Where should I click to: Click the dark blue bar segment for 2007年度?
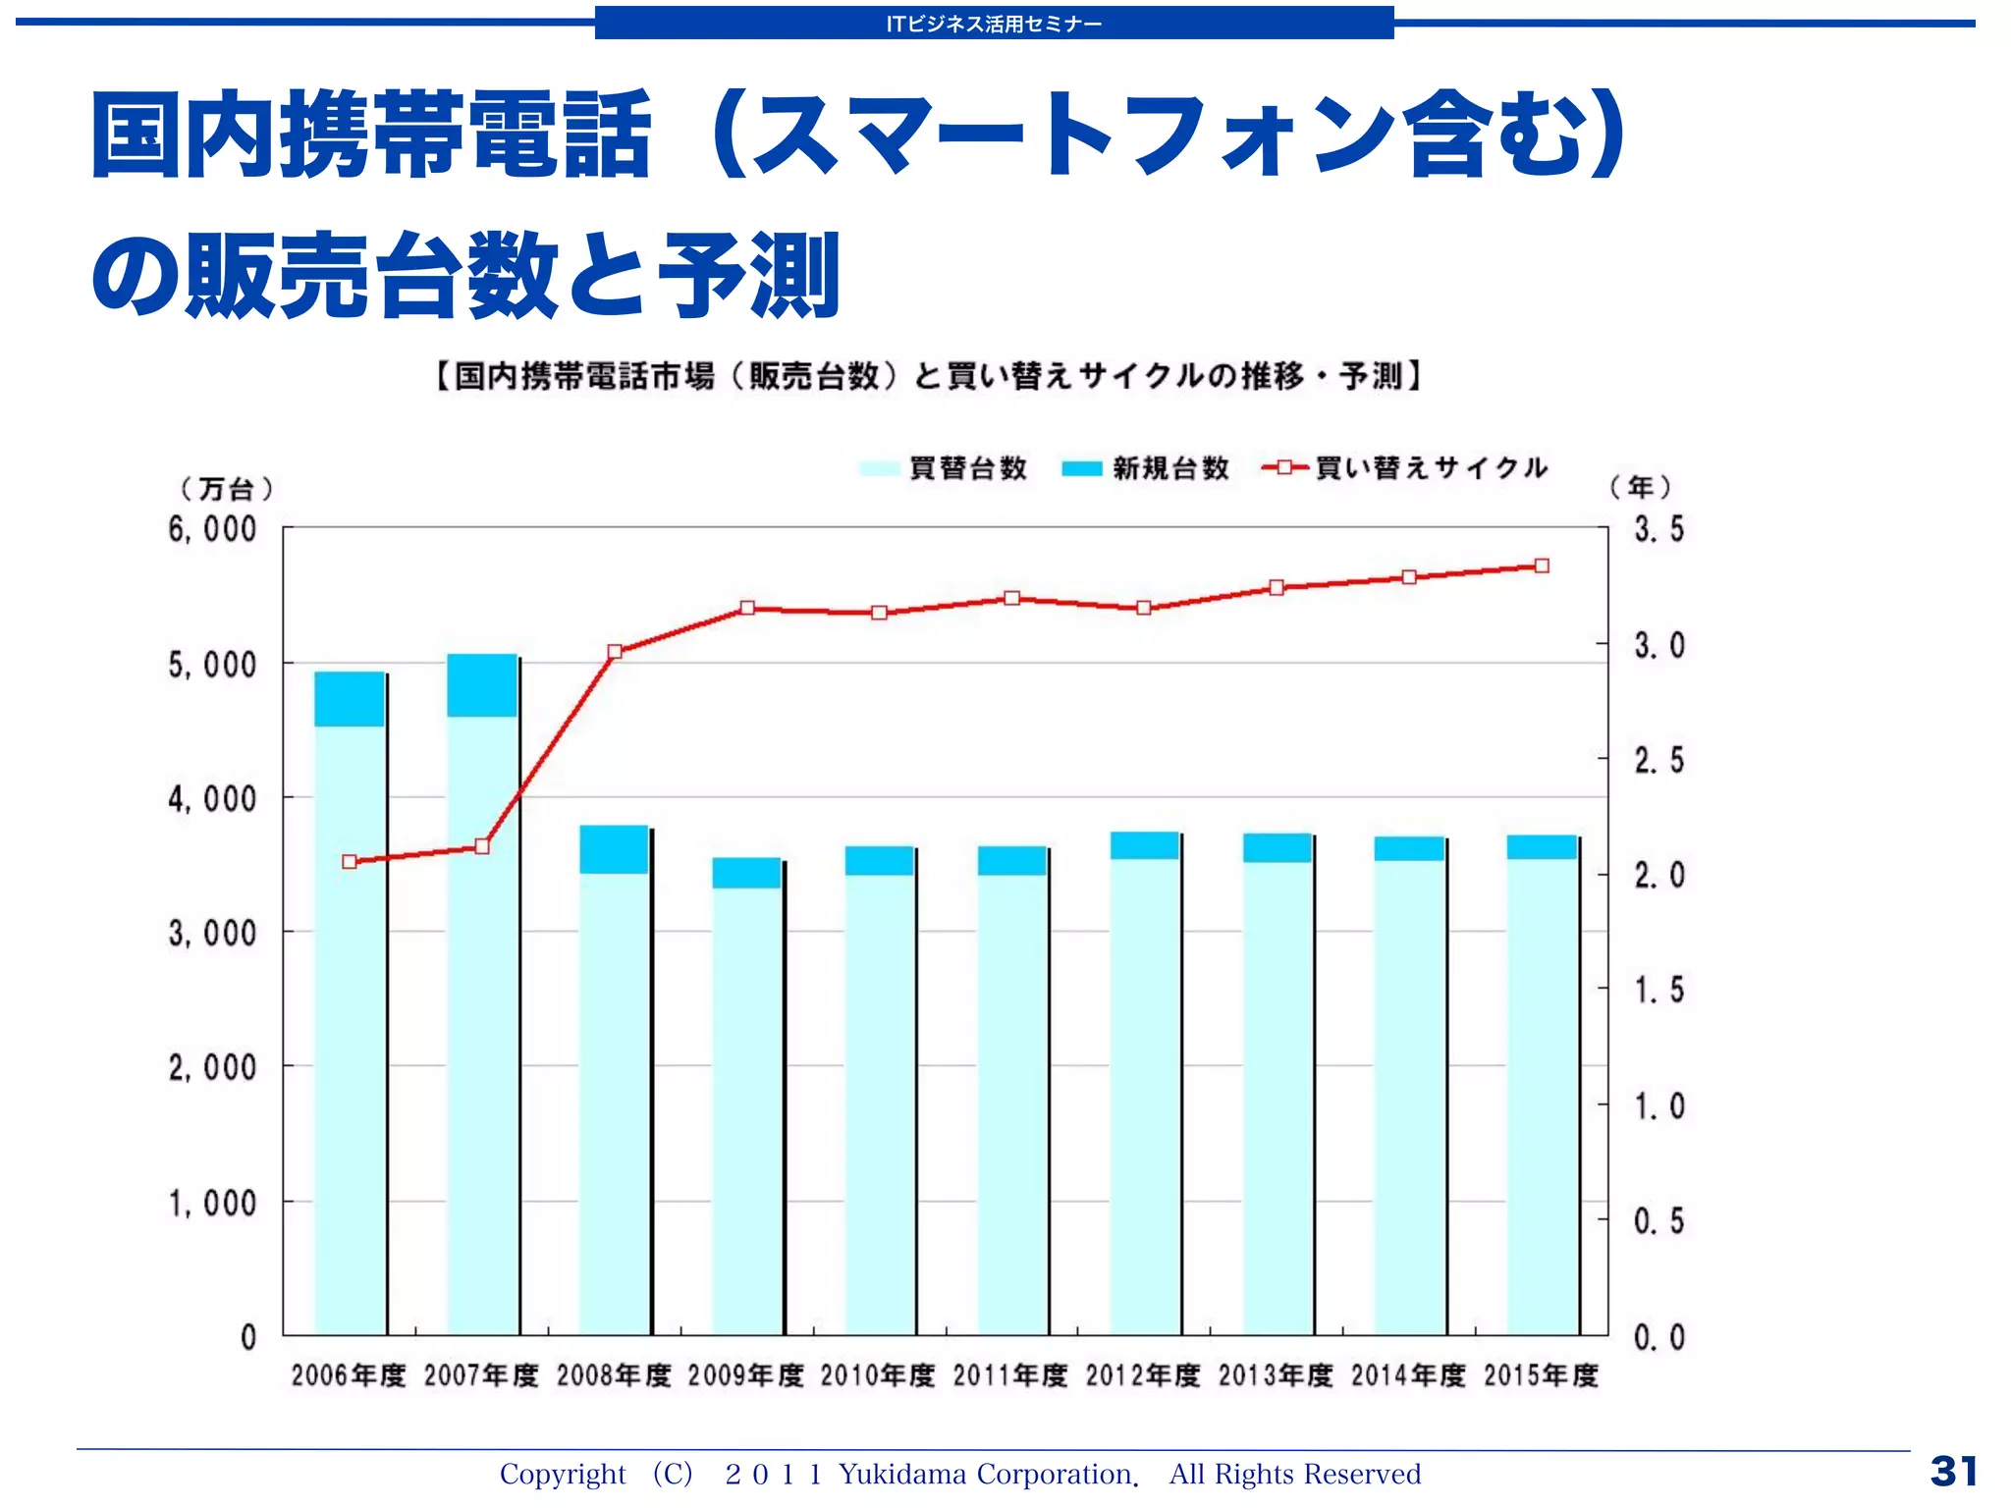(x=482, y=685)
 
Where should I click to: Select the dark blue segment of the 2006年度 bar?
(x=350, y=699)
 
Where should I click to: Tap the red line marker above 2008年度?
(x=615, y=652)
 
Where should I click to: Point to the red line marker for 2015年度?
(x=1542, y=565)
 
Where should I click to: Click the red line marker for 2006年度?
(x=350, y=862)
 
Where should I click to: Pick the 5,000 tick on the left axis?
(x=212, y=665)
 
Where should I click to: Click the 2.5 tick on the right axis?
(x=1658, y=760)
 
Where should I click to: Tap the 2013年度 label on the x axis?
(x=1276, y=1375)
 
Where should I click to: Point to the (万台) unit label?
(x=226, y=488)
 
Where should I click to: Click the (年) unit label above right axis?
(x=1641, y=486)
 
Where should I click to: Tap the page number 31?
(x=1953, y=1472)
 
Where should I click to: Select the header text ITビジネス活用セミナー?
(x=994, y=24)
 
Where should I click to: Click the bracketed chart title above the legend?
(x=928, y=376)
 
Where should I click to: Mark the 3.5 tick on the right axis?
(x=1658, y=529)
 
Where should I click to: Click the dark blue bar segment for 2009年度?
(x=746, y=873)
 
